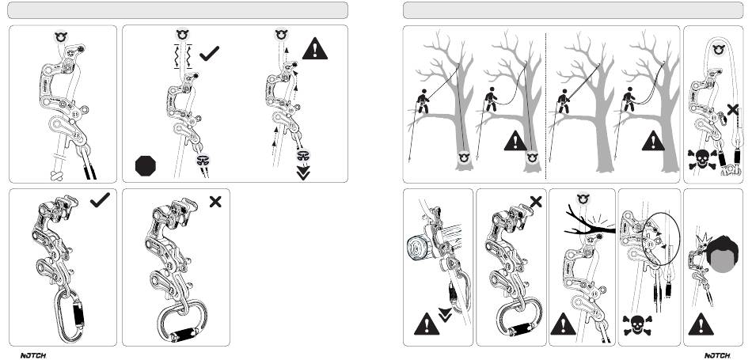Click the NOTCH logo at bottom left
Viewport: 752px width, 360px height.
pyautogui.click(x=33, y=356)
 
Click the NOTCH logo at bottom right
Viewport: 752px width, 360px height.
pyautogui.click(x=717, y=356)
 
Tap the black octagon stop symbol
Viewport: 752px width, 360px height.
pyautogui.click(x=146, y=166)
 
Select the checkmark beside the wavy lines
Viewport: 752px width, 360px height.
pyautogui.click(x=209, y=54)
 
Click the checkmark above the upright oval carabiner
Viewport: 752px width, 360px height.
pyautogui.click(x=100, y=200)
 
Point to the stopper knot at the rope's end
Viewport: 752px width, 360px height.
pyautogui.click(x=56, y=176)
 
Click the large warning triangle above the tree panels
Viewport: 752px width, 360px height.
pyautogui.click(x=314, y=49)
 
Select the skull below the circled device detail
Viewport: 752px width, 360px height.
pyautogui.click(x=637, y=325)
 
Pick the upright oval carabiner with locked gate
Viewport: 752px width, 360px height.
pyautogui.click(x=70, y=316)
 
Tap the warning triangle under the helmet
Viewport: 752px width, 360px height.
pyautogui.click(x=701, y=324)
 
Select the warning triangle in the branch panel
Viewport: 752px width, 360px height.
pyautogui.click(x=563, y=324)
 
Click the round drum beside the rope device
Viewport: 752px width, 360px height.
pyautogui.click(x=418, y=248)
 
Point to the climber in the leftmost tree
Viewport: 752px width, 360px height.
pyautogui.click(x=422, y=101)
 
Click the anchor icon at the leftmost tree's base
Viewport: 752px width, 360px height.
pyautogui.click(x=463, y=157)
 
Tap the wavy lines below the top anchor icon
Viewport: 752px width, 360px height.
pyautogui.click(x=183, y=56)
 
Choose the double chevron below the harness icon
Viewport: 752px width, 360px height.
pyautogui.click(x=303, y=172)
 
